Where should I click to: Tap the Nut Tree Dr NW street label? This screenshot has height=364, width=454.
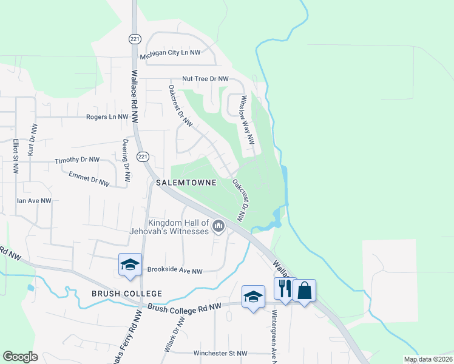pyautogui.click(x=206, y=79)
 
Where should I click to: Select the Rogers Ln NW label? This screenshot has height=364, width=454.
pyautogui.click(x=107, y=117)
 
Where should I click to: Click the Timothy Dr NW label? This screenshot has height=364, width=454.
pyautogui.click(x=76, y=160)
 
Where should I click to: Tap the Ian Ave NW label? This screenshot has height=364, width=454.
pyautogui.click(x=34, y=200)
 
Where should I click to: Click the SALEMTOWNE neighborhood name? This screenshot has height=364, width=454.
pyautogui.click(x=186, y=183)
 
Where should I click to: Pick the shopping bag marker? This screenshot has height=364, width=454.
pyautogui.click(x=304, y=291)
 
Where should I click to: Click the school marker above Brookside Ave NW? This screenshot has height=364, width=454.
pyautogui.click(x=130, y=265)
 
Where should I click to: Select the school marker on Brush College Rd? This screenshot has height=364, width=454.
pyautogui.click(x=253, y=297)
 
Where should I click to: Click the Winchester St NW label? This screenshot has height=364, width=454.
pyautogui.click(x=220, y=353)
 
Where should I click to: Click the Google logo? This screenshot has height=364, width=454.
pyautogui.click(x=20, y=357)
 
